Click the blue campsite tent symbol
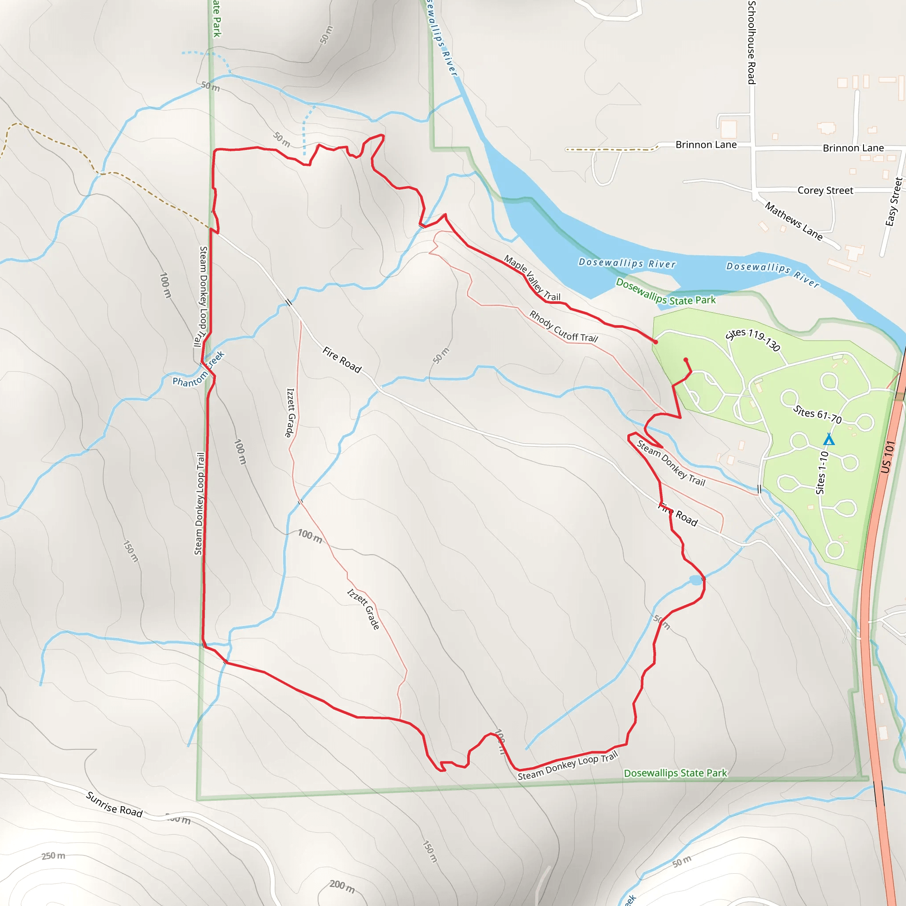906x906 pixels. pyautogui.click(x=829, y=440)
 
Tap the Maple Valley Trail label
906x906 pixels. pyautogui.click(x=532, y=278)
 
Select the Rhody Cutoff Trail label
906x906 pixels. pyautogui.click(x=563, y=326)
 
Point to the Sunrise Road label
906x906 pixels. pyautogui.click(x=114, y=804)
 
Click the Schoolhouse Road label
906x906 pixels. pyautogui.click(x=752, y=42)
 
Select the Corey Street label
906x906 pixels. pyautogui.click(x=825, y=190)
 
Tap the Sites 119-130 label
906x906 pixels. pyautogui.click(x=752, y=339)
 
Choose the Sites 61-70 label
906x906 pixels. pyautogui.click(x=818, y=414)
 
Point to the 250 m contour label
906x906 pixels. pyautogui.click(x=54, y=856)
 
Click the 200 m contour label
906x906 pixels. pyautogui.click(x=342, y=885)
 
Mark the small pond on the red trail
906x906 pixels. pyautogui.click(x=695, y=580)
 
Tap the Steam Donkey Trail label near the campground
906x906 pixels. pyautogui.click(x=671, y=463)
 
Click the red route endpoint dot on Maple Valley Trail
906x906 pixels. pyautogui.click(x=656, y=342)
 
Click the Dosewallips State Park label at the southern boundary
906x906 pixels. pyautogui.click(x=675, y=773)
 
